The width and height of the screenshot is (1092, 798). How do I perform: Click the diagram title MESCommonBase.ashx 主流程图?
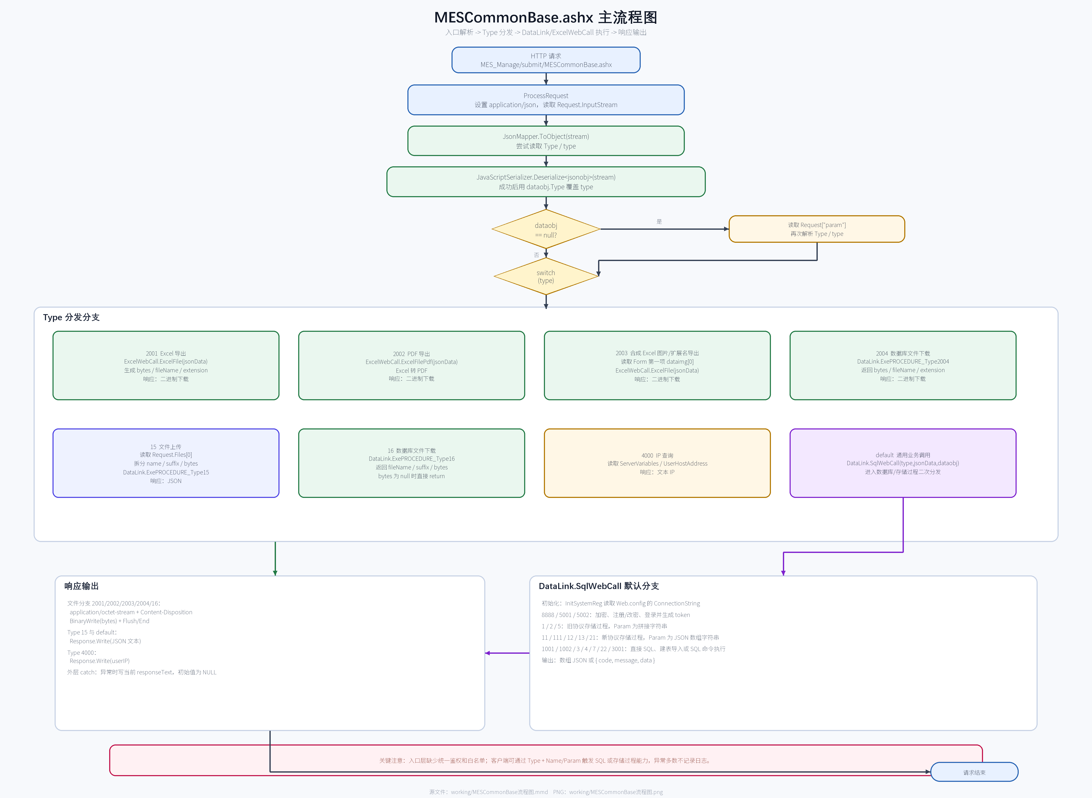(546, 17)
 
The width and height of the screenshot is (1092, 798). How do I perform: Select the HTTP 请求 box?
(546, 60)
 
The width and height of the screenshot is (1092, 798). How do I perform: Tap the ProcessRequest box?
(546, 100)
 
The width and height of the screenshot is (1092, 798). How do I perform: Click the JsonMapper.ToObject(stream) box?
(546, 141)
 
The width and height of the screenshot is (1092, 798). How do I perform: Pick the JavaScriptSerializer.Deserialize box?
(546, 182)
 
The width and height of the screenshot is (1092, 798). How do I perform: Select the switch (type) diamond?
(546, 276)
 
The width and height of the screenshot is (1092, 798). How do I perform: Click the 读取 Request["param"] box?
(817, 229)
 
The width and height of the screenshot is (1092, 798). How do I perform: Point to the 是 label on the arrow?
(659, 221)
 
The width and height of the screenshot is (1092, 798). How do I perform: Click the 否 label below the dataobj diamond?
(537, 255)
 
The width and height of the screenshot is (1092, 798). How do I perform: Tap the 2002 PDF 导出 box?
(411, 366)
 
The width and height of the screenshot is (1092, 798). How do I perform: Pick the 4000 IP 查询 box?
(657, 463)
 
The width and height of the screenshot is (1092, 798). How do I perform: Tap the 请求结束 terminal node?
(974, 772)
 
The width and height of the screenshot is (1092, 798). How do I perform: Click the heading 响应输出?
(82, 586)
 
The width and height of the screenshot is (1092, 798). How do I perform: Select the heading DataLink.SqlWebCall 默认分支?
(599, 586)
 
